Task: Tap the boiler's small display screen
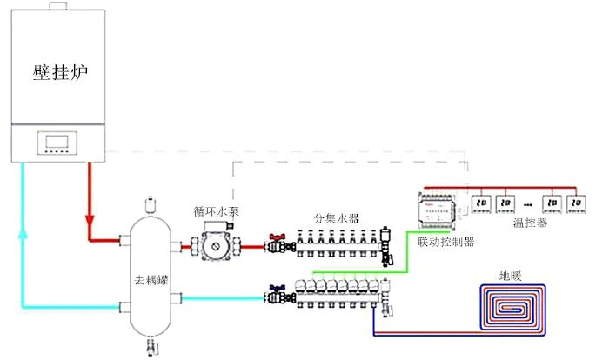(59, 143)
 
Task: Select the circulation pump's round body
(214, 247)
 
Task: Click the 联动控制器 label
(446, 243)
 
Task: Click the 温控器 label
(528, 223)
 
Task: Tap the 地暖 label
(511, 276)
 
